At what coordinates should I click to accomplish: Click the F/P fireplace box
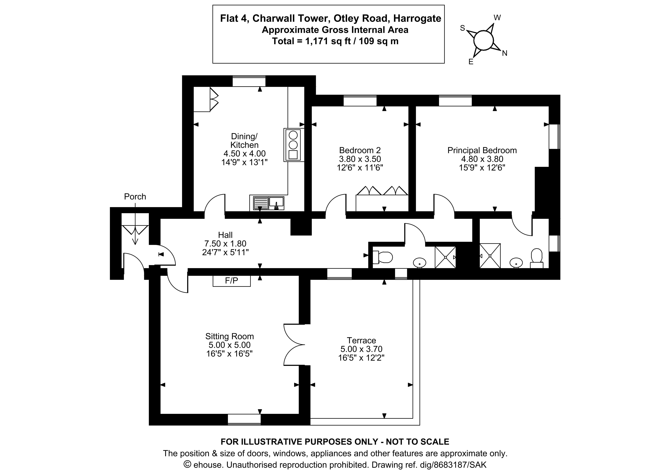click(231, 281)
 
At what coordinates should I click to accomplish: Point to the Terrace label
click(361, 340)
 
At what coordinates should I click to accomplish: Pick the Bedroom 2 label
click(360, 150)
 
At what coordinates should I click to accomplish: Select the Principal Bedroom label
click(482, 150)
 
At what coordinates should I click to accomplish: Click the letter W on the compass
click(497, 18)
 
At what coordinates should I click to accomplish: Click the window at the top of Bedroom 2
click(360, 101)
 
